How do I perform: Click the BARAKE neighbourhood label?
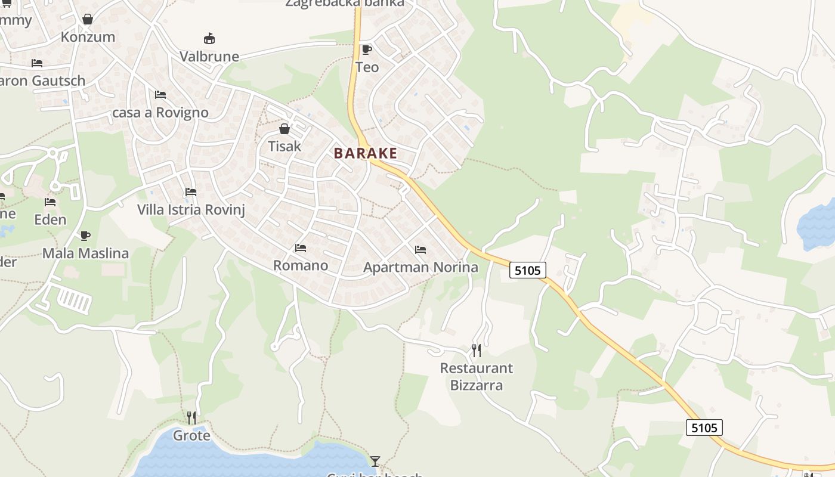(x=365, y=153)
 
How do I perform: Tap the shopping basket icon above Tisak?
(x=284, y=129)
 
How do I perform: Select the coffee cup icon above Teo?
(x=367, y=49)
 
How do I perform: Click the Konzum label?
(x=88, y=37)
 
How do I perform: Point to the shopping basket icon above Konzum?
(x=88, y=19)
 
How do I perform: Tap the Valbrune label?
(x=209, y=57)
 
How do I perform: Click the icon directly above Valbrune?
(x=209, y=39)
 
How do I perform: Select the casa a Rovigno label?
(x=160, y=113)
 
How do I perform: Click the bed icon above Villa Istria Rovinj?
(x=191, y=192)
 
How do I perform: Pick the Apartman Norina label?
(x=420, y=267)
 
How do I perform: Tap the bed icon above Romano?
(x=301, y=248)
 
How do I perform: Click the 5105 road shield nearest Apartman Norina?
(x=528, y=270)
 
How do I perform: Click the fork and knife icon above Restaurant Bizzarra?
(x=476, y=350)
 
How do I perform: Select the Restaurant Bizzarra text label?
(x=476, y=377)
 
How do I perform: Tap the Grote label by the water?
(x=191, y=436)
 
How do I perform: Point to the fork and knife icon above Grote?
(x=191, y=417)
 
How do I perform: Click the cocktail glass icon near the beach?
(x=375, y=461)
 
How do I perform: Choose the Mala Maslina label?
(x=85, y=253)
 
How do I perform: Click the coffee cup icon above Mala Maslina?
(x=85, y=236)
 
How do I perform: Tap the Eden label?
(x=50, y=220)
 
